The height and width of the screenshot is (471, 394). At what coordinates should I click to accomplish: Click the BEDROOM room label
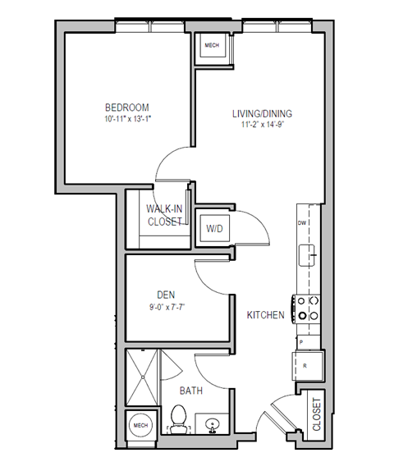pyautogui.click(x=126, y=107)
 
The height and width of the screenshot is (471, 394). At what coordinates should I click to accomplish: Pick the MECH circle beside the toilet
pyautogui.click(x=140, y=427)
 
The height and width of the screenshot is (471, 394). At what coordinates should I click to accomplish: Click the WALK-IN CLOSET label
pyautogui.click(x=165, y=215)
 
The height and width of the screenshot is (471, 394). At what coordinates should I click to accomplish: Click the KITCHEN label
pyautogui.click(x=266, y=315)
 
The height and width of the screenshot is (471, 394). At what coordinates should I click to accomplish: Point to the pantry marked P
pyautogui.click(x=301, y=341)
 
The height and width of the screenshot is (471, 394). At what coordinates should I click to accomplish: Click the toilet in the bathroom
pyautogui.click(x=178, y=420)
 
